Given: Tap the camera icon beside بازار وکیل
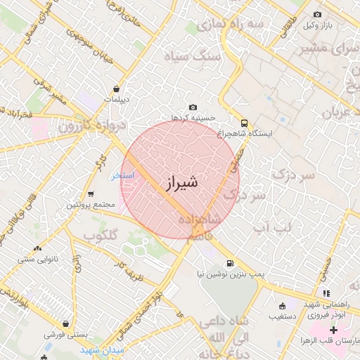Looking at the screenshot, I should click(317, 15).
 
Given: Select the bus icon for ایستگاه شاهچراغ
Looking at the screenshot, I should click(244, 122).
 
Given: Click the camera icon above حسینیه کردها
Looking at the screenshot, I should click(193, 107).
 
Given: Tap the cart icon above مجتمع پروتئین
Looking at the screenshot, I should click(91, 194).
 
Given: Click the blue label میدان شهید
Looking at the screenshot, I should click(102, 349).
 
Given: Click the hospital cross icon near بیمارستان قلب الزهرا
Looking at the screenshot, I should click(333, 330).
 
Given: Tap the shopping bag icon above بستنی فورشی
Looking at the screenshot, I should click(65, 325).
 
